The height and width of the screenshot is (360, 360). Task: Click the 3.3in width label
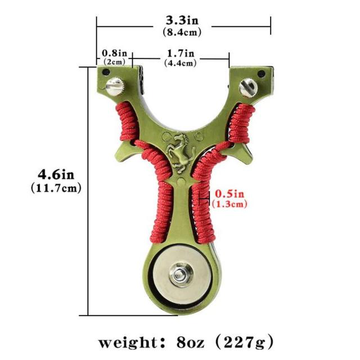[182, 20]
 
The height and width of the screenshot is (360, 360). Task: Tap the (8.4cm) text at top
[182, 32]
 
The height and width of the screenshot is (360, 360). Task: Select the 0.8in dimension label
[114, 53]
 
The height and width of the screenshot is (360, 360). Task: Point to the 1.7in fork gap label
[181, 53]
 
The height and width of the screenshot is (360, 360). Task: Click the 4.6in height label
[56, 174]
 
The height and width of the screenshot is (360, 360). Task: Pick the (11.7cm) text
[56, 188]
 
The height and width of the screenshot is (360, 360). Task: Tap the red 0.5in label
[229, 194]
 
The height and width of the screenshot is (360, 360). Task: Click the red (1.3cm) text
[229, 204]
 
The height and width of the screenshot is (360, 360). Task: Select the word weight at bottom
[128, 343]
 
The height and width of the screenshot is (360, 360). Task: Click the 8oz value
[190, 343]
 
